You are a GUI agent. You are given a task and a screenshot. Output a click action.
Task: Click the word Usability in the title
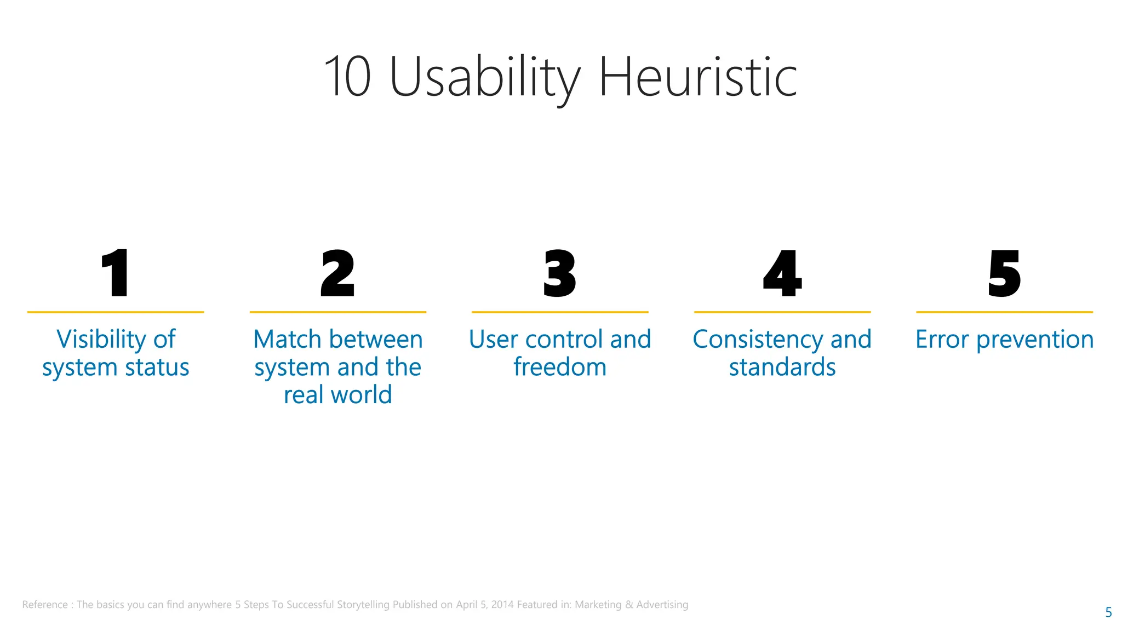[x=484, y=78]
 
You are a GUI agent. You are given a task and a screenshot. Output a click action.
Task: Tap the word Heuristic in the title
[x=697, y=78]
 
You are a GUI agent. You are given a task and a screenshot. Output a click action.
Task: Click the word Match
[x=287, y=340]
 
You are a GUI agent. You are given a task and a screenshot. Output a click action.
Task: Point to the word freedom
[x=560, y=367]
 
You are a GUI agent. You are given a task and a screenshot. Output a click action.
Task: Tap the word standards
[x=782, y=367]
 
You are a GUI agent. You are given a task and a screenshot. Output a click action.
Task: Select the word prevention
[x=1035, y=340]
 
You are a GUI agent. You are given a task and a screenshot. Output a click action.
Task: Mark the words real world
[x=337, y=395]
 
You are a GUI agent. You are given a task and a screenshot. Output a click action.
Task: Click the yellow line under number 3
[x=560, y=312]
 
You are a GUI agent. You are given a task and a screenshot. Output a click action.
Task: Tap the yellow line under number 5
[x=1004, y=312]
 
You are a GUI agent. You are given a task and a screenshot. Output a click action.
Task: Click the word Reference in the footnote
[x=45, y=605]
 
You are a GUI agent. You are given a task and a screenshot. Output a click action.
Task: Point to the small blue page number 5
[x=1108, y=612]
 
